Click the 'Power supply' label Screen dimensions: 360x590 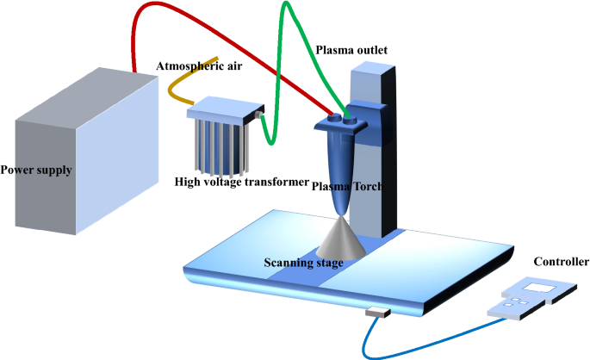pyautogui.click(x=36, y=170)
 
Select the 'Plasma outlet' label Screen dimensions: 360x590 pyautogui.click(x=351, y=51)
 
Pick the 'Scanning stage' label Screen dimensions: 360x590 pyautogui.click(x=302, y=262)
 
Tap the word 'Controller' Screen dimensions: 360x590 pyautogui.click(x=561, y=262)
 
